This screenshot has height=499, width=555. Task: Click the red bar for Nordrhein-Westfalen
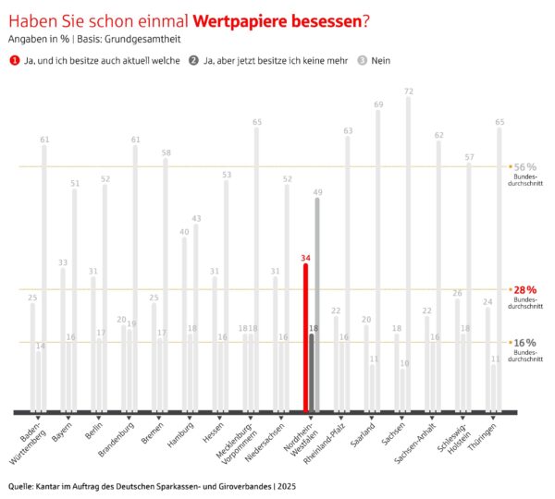[x=306, y=337]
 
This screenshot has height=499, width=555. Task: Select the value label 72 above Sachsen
[x=408, y=91]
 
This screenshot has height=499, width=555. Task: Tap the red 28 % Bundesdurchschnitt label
[x=524, y=289]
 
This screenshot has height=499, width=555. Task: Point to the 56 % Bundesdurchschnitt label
[x=524, y=166]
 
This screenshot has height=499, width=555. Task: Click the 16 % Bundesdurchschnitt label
[x=524, y=343]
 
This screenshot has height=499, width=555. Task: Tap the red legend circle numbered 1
[x=14, y=60]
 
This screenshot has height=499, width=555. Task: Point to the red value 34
[x=306, y=258]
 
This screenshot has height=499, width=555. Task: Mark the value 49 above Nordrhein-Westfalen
[x=317, y=191]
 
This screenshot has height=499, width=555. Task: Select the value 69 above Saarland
[x=377, y=103]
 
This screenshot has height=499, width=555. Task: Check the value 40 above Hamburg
[x=184, y=231]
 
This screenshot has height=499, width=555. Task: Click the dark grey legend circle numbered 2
[x=192, y=60]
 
